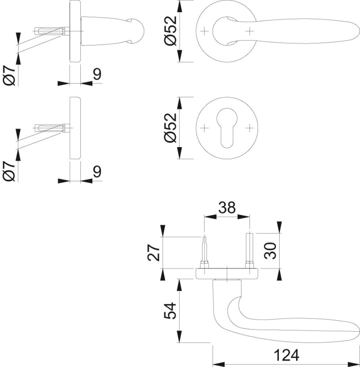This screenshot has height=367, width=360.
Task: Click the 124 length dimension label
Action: pyautogui.click(x=286, y=355)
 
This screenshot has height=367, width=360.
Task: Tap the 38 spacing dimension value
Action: pyautogui.click(x=228, y=208)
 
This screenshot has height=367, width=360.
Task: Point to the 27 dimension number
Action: pyautogui.click(x=154, y=252)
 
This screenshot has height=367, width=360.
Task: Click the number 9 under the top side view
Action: pyautogui.click(x=97, y=75)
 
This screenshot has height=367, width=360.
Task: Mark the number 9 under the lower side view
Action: pyautogui.click(x=97, y=171)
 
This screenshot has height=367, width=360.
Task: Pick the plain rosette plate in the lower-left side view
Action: pyautogui.click(x=74, y=128)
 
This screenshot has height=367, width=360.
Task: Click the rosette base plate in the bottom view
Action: pyautogui.click(x=227, y=273)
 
